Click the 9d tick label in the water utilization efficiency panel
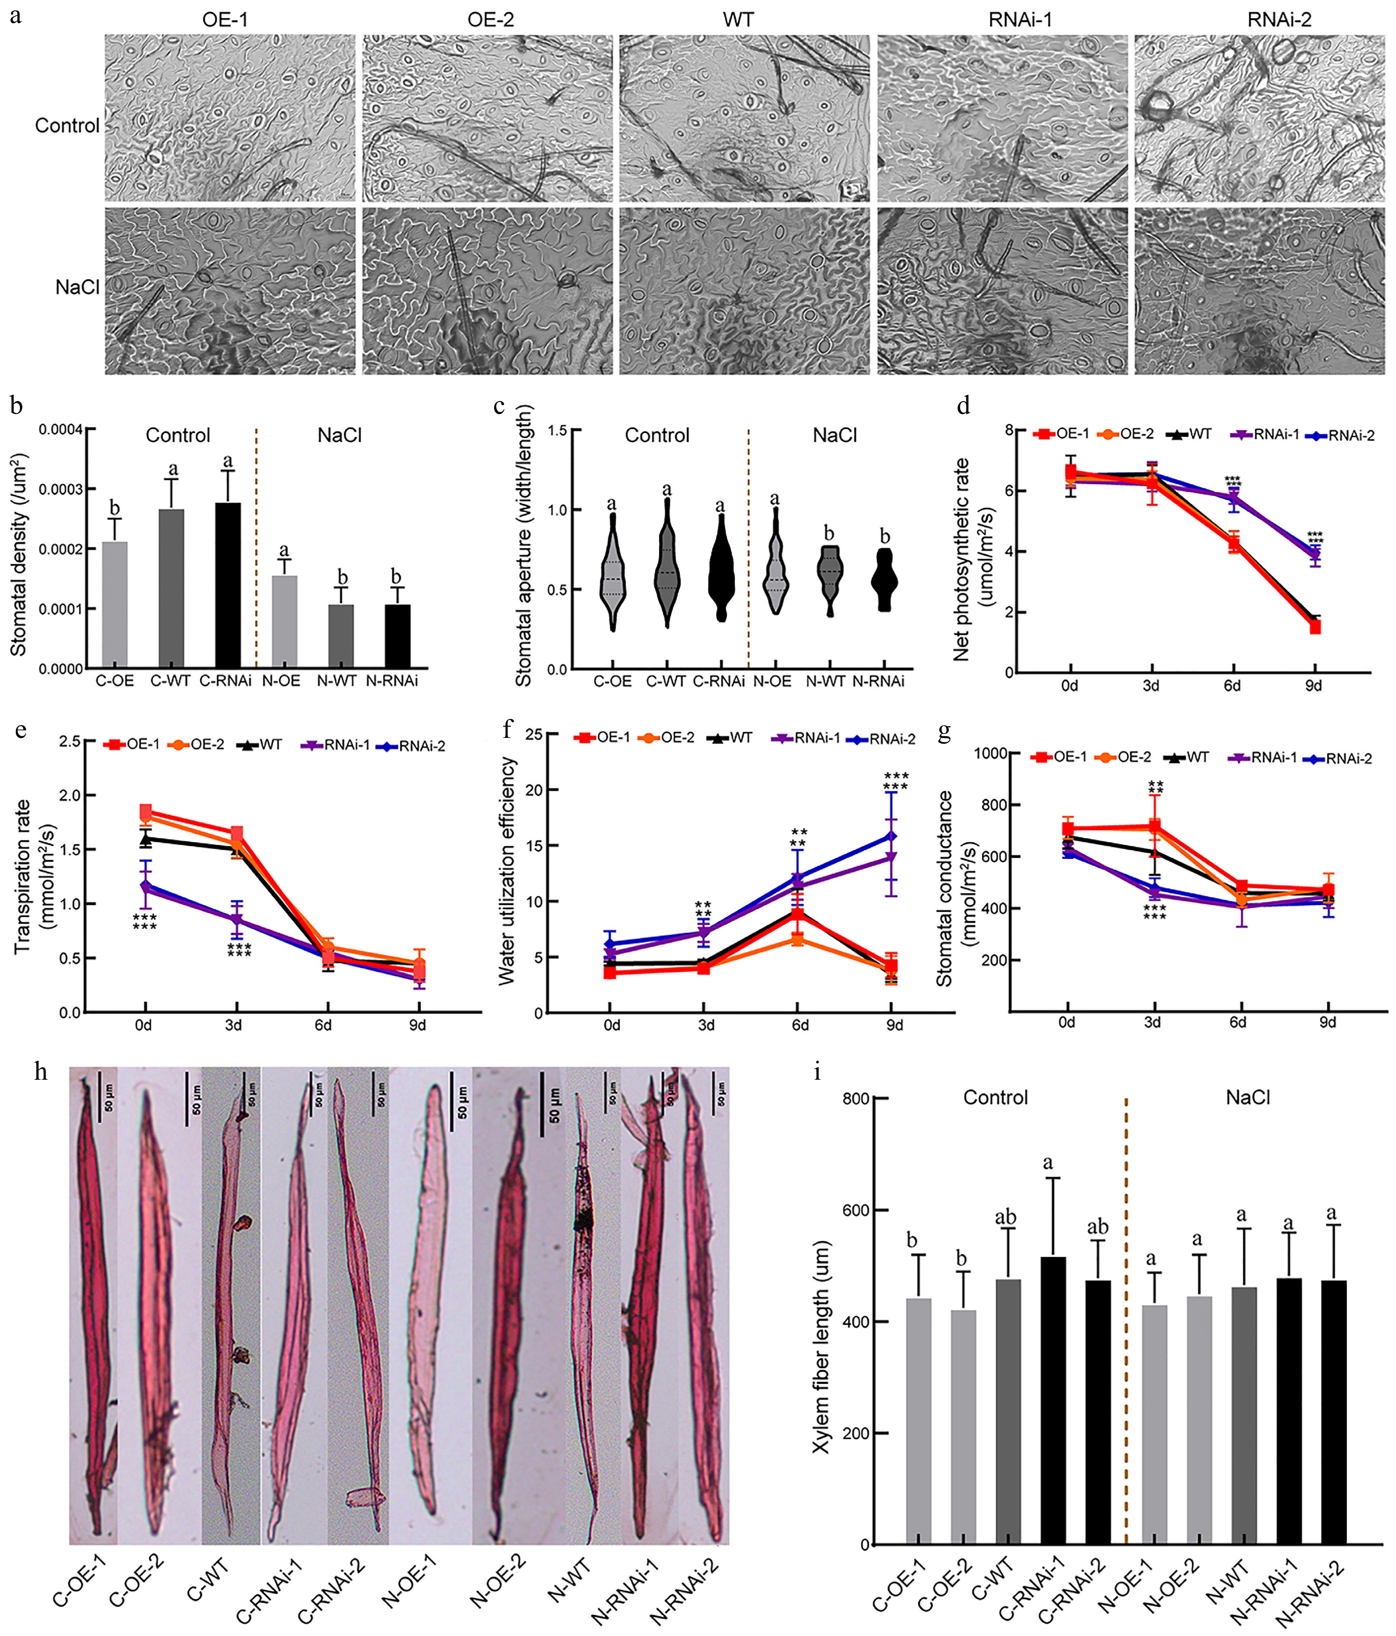[x=894, y=1026]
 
